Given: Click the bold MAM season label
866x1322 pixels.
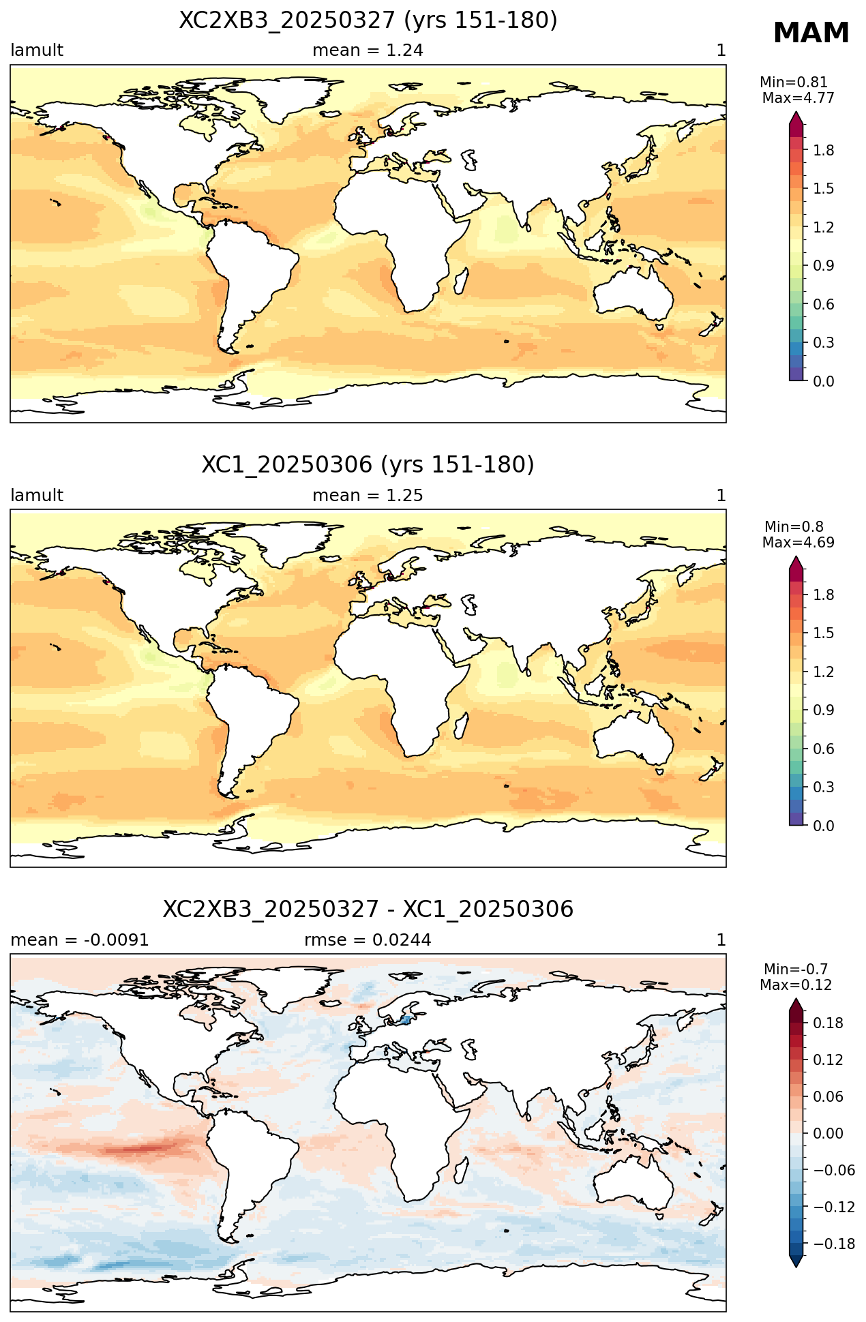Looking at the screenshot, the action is coord(811,33).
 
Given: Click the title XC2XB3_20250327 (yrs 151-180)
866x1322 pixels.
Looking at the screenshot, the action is coord(368,20).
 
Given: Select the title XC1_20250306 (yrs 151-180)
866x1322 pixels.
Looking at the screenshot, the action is coord(368,465).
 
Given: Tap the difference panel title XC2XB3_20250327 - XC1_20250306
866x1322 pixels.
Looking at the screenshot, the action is coord(368,910).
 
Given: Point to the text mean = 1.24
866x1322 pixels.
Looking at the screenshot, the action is coord(368,50).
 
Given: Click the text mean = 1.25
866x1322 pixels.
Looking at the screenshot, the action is coord(368,496).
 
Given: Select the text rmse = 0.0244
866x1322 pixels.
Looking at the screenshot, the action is coord(368,940).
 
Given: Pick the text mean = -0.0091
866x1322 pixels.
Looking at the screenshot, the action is coord(80,940).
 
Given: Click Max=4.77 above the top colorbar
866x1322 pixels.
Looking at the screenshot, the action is coord(798,98).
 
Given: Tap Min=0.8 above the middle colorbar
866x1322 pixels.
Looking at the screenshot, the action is coord(794,526).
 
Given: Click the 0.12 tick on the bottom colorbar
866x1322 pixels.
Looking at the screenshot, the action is coord(828,1060).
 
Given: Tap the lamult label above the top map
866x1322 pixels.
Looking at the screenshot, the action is coord(37,50).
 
